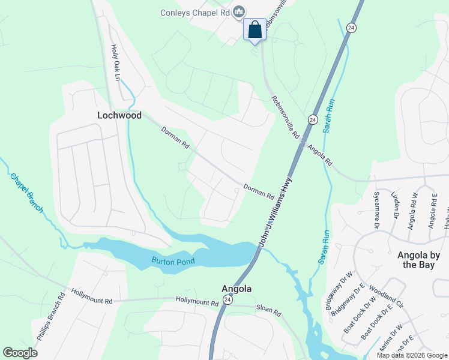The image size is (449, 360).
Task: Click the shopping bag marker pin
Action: click(x=255, y=29)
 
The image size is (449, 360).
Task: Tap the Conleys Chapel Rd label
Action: click(x=195, y=12)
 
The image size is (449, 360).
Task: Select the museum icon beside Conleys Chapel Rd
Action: click(x=240, y=11)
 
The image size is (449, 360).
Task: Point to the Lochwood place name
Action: click(x=119, y=115)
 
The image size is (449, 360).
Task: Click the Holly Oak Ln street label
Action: click(x=115, y=63)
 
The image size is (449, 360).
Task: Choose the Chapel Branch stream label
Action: click(x=26, y=193)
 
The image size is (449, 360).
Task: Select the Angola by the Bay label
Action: click(x=418, y=259)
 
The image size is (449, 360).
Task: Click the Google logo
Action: click(x=20, y=353)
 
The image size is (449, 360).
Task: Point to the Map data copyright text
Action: click(x=412, y=355)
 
